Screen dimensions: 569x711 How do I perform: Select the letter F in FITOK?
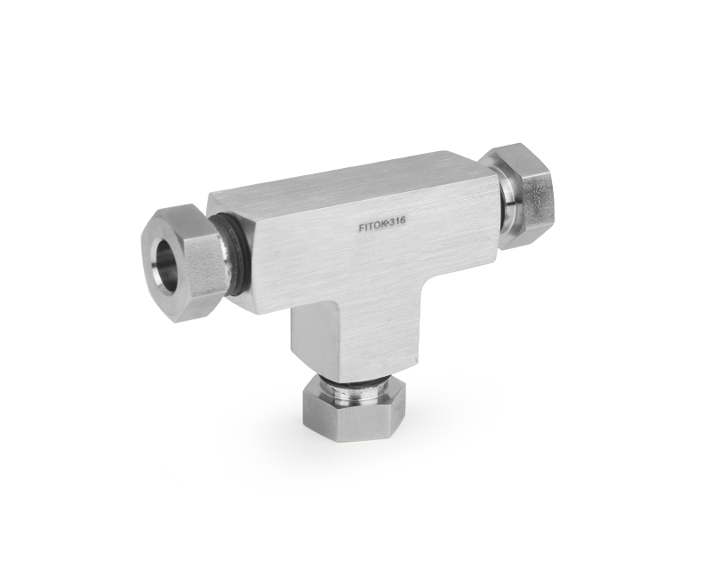(361, 229)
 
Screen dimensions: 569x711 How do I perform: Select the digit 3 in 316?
(391, 223)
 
